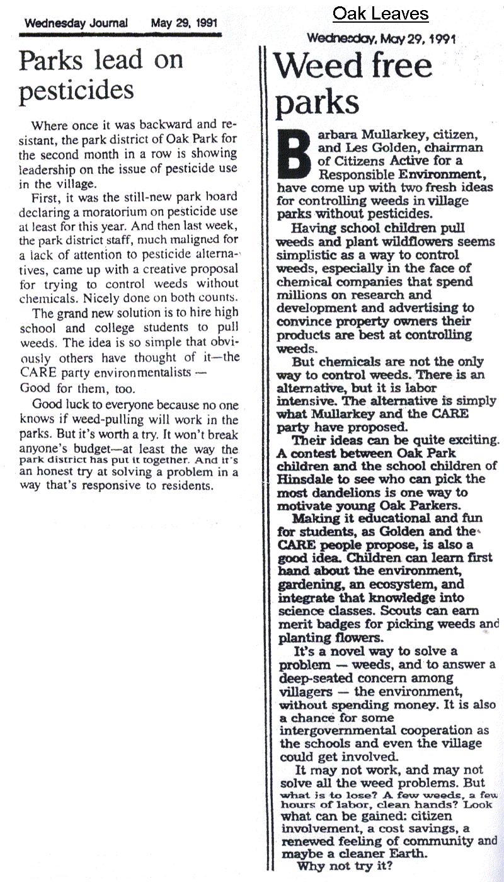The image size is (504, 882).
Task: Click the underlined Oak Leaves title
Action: [x=381, y=14]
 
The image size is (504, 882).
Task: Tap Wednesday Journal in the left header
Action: [x=76, y=23]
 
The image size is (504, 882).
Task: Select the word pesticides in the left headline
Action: [x=76, y=91]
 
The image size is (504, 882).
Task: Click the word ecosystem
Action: [x=400, y=584]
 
